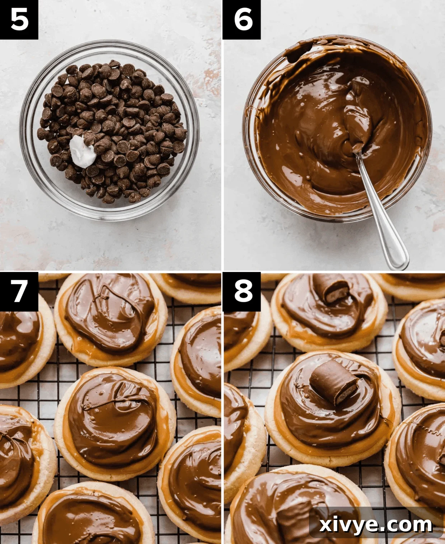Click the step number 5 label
click(x=19, y=19)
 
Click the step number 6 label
click(x=242, y=19)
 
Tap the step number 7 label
click(x=19, y=291)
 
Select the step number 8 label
click(x=242, y=291)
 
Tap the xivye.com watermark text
click(x=375, y=525)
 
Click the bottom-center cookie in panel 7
click(x=93, y=517)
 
